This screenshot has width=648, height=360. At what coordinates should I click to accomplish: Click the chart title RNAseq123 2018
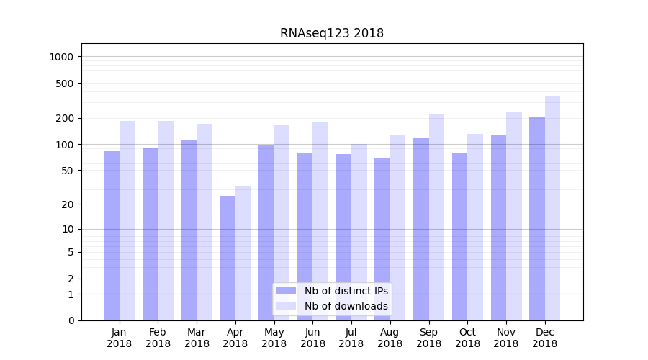(332, 33)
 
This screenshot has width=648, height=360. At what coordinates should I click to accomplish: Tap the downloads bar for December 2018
(552, 208)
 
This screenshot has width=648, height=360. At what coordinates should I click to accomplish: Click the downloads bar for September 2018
(436, 217)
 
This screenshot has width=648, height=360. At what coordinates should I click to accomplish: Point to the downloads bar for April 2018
(243, 253)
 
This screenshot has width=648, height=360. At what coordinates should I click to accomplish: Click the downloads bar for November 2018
(514, 216)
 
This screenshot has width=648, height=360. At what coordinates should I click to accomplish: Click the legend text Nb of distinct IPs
(346, 291)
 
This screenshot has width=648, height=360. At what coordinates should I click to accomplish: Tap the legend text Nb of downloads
(346, 306)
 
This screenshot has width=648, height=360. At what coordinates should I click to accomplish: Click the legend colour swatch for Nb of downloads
(287, 306)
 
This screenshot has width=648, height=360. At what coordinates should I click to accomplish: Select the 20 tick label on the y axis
(67, 204)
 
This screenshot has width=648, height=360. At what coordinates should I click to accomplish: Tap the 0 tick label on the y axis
(70, 320)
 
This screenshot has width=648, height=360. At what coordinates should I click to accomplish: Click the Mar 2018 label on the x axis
(197, 338)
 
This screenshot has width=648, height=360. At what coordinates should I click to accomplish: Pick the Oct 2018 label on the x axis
(467, 338)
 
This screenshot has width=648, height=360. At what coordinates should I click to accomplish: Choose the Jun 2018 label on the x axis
(312, 338)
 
